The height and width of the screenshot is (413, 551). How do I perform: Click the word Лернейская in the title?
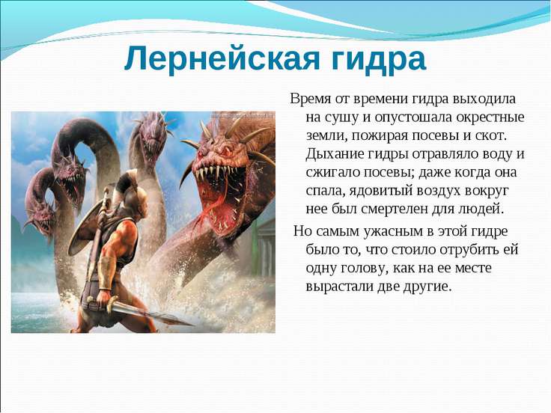pyautogui.click(x=222, y=58)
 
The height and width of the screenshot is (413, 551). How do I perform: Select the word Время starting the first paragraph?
pyautogui.click(x=311, y=99)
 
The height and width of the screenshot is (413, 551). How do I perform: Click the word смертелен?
pyautogui.click(x=382, y=209)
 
